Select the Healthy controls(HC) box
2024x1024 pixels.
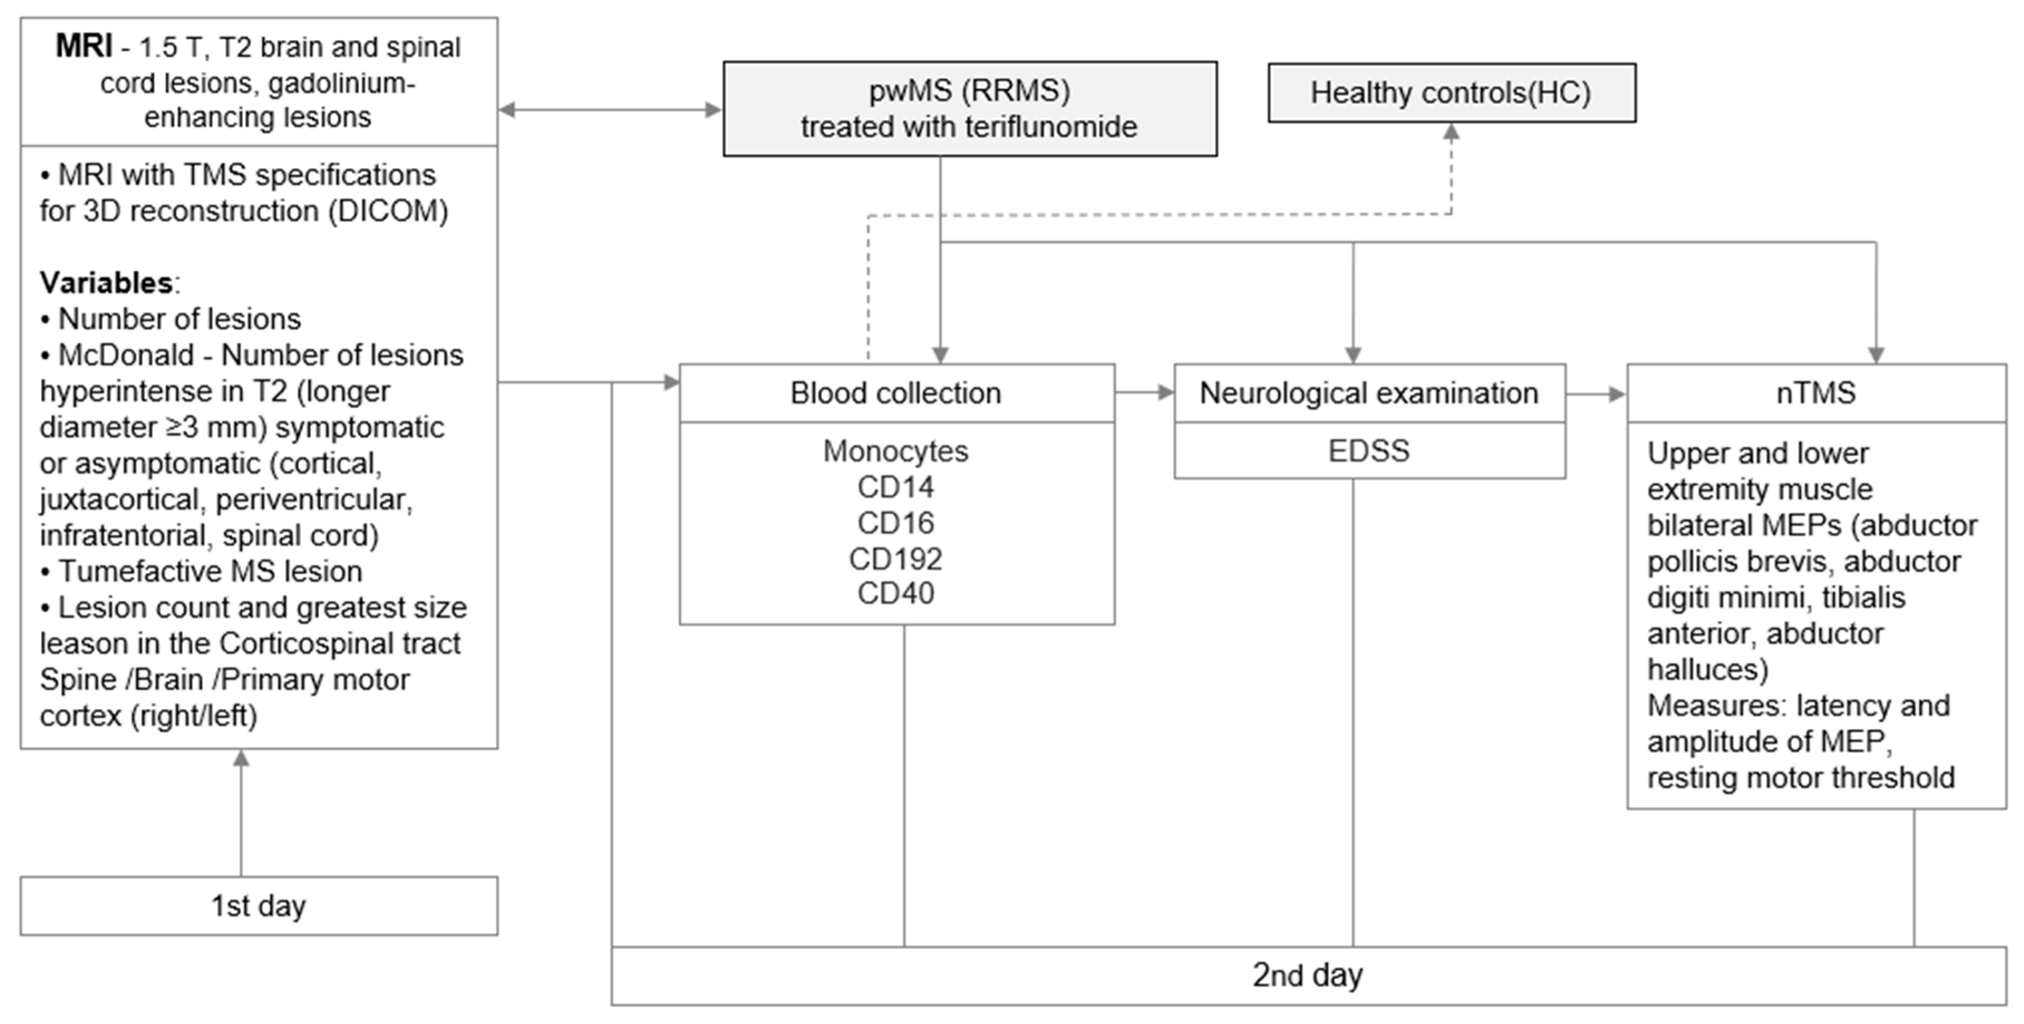pyautogui.click(x=1451, y=92)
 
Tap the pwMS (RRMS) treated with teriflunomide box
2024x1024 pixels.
pyautogui.click(x=969, y=109)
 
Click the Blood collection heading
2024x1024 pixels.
pyautogui.click(x=896, y=393)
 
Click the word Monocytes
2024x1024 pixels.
pyautogui.click(x=896, y=451)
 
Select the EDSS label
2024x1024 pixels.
pyautogui.click(x=1368, y=451)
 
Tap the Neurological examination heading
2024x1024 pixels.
pyautogui.click(x=1368, y=393)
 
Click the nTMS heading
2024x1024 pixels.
pyautogui.click(x=1816, y=393)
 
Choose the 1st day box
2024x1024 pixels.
pyautogui.click(x=259, y=905)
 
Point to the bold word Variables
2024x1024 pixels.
pyautogui.click(x=106, y=282)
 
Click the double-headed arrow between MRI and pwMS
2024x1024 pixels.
pyautogui.click(x=610, y=110)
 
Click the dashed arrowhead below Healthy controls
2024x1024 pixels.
pyautogui.click(x=1451, y=134)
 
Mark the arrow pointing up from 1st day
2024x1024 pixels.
pyautogui.click(x=241, y=809)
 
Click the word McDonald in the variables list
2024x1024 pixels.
pyautogui.click(x=126, y=355)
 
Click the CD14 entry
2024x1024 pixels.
pyautogui.click(x=896, y=487)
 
